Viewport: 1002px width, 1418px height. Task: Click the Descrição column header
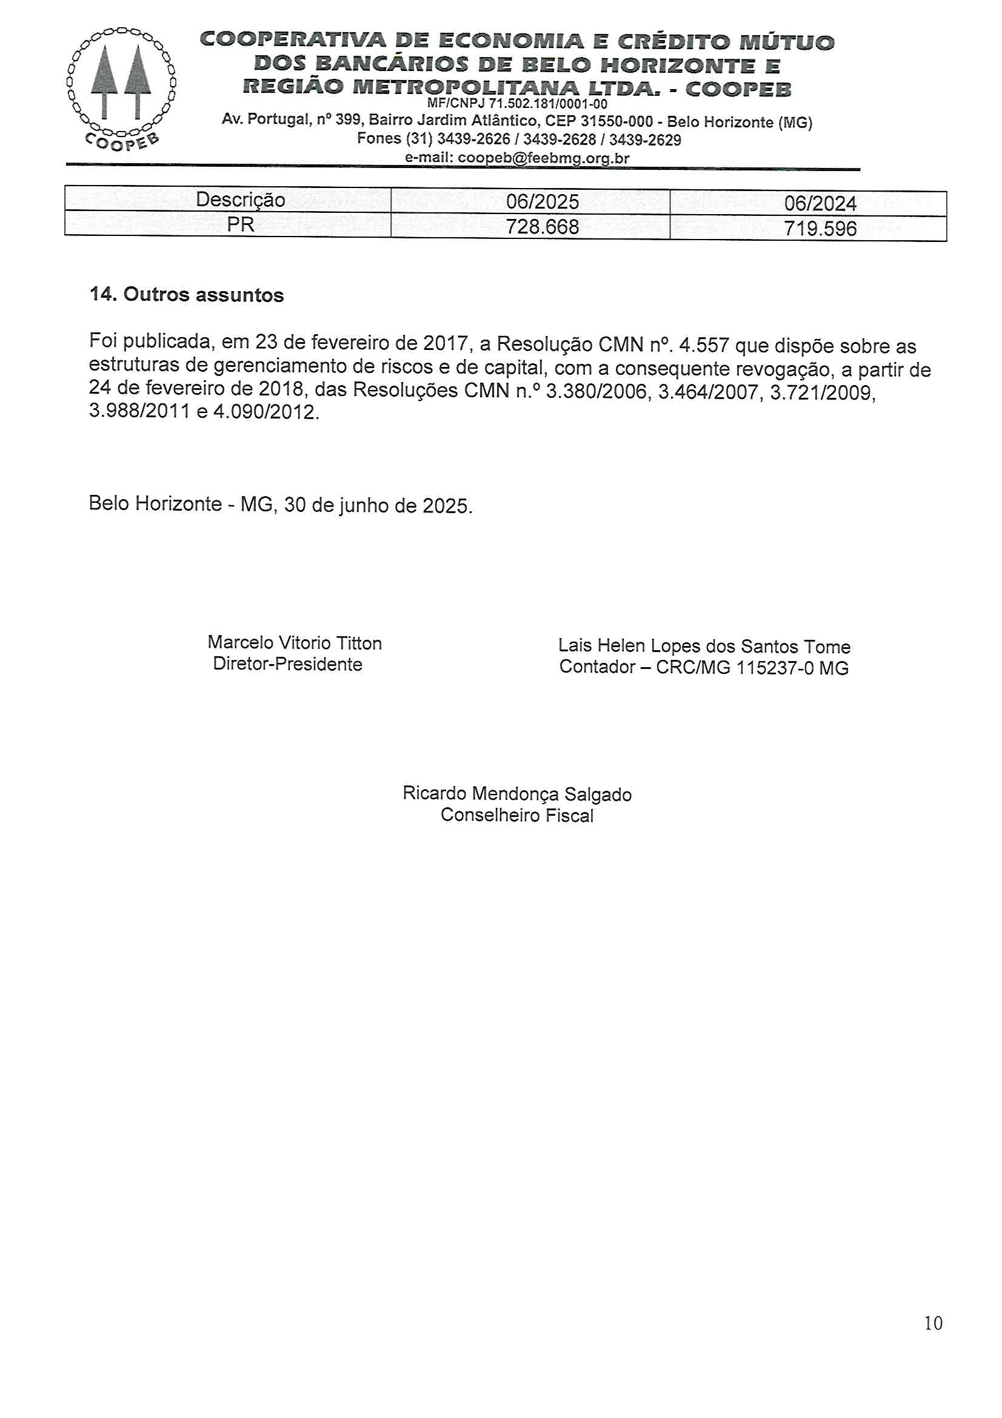(240, 200)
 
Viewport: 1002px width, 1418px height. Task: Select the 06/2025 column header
(542, 202)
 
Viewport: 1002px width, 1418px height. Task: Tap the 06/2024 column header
(820, 204)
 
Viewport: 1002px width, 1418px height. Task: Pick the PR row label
(240, 224)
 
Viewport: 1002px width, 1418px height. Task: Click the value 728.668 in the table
(542, 227)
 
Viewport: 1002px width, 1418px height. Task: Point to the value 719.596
(820, 229)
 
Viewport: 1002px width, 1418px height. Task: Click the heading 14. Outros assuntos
(187, 295)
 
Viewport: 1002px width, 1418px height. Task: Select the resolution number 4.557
(704, 344)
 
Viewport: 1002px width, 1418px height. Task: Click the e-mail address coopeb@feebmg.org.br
(543, 158)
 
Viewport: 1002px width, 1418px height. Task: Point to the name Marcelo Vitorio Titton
(295, 643)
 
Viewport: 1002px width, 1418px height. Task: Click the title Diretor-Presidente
(287, 665)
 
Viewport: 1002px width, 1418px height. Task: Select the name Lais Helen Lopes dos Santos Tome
(704, 647)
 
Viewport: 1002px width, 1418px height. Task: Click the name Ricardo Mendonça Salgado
(516, 794)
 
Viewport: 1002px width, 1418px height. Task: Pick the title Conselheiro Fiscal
(516, 816)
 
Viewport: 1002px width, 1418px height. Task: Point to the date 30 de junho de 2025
(378, 506)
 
